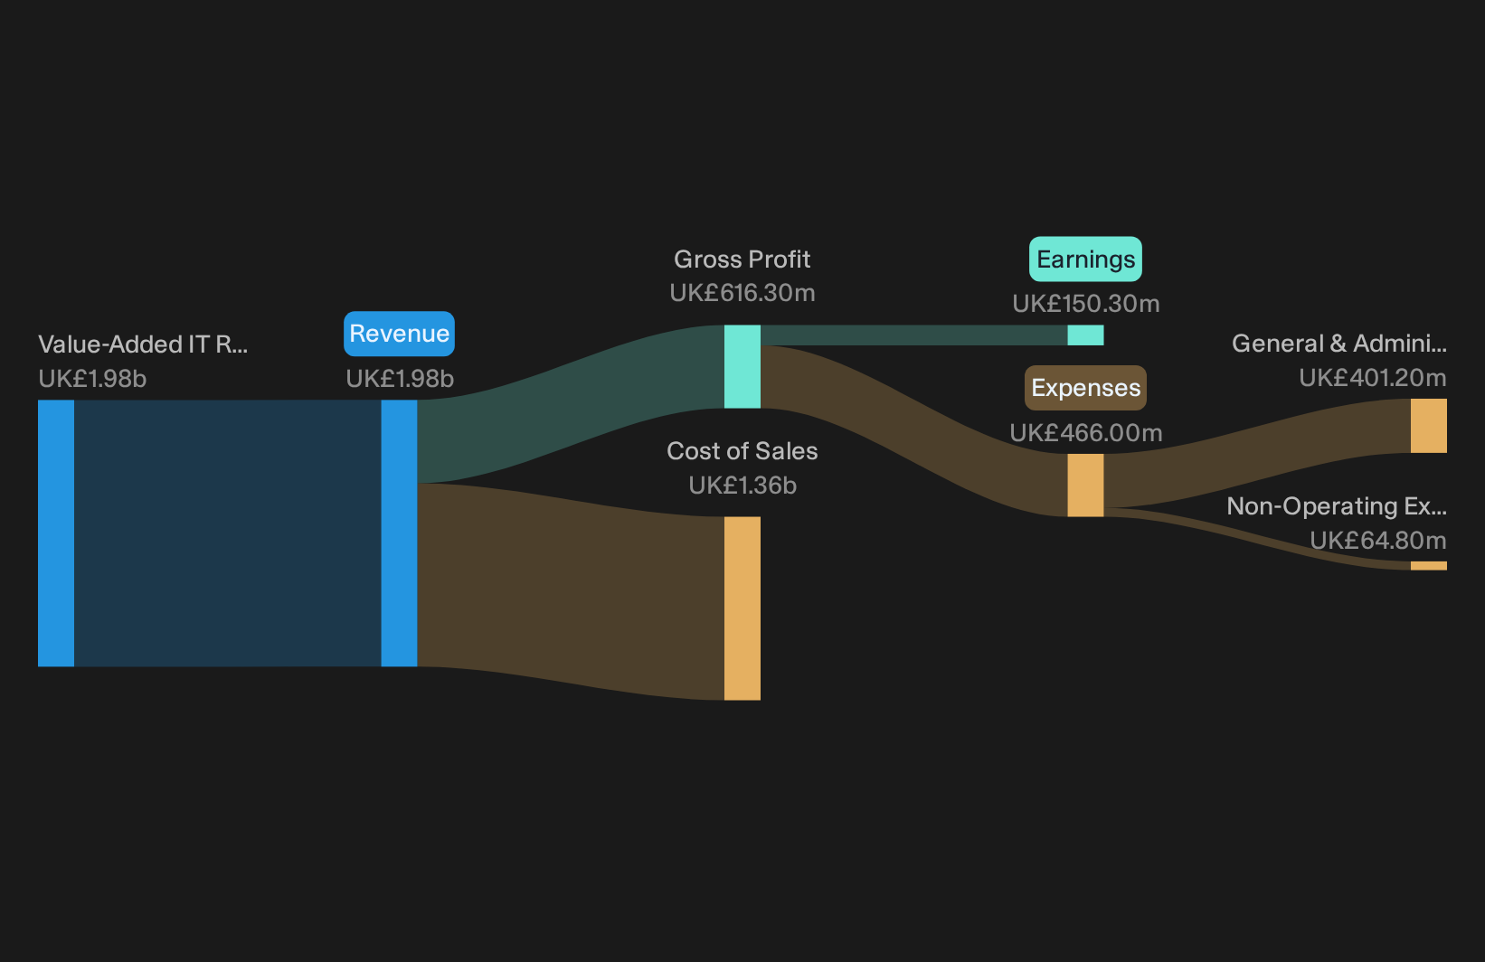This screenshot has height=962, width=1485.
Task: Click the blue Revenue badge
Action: point(399,334)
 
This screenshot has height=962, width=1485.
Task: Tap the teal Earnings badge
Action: point(1085,259)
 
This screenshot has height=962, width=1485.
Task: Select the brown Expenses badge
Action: point(1085,388)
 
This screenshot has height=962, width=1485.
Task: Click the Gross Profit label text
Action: point(742,259)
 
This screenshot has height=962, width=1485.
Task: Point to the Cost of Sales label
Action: point(742,451)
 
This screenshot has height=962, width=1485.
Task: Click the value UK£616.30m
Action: point(742,293)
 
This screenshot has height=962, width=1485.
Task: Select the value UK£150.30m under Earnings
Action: point(1085,304)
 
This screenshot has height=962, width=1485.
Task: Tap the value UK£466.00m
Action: point(1085,433)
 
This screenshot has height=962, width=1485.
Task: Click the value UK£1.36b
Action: point(742,486)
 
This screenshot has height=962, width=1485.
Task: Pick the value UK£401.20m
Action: point(1372,378)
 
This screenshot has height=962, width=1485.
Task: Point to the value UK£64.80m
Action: point(1377,541)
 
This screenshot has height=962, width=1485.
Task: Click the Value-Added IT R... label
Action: point(143,344)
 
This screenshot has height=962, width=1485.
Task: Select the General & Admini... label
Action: point(1339,344)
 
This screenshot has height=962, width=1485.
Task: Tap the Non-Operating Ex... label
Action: point(1337,506)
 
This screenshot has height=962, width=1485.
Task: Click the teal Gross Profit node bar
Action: point(742,367)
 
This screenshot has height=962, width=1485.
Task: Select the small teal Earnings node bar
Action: point(1085,335)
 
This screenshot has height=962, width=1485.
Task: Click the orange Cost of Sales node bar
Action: point(742,608)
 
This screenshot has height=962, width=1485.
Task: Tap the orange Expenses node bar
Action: point(1085,486)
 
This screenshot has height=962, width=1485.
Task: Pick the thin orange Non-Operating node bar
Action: point(1429,565)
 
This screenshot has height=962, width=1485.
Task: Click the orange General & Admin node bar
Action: point(1429,426)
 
